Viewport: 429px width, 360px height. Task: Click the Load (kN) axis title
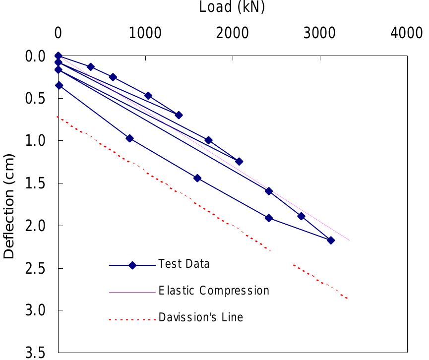tap(232, 7)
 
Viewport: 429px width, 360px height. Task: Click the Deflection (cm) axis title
tap(9, 206)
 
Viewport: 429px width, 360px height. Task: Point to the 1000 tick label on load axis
tap(145, 33)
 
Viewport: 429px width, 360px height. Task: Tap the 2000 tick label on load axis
tap(233, 33)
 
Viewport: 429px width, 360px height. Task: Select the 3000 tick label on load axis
tap(320, 33)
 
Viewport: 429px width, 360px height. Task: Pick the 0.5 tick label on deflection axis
tap(36, 98)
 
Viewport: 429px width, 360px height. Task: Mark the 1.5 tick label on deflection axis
tap(36, 183)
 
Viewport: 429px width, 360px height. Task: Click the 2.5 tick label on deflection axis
tap(36, 268)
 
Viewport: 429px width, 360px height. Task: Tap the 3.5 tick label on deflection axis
tap(36, 353)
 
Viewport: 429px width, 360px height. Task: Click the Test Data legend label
tap(184, 264)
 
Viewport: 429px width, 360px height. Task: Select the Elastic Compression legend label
tap(214, 290)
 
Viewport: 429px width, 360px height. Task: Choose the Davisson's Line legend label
tap(201, 317)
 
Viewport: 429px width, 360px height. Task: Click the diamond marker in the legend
tap(132, 265)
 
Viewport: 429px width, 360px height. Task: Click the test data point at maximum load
tap(331, 240)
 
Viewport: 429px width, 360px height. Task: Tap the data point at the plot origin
tap(58, 56)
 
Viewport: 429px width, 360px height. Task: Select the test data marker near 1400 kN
tap(179, 115)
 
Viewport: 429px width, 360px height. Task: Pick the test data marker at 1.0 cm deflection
tap(208, 140)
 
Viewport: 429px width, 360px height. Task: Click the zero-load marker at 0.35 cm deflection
tap(59, 85)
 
